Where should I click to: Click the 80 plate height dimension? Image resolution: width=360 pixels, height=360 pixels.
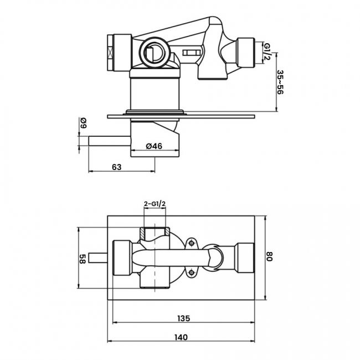tap(270, 256)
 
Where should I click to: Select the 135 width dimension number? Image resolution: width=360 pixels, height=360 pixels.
tap(184, 318)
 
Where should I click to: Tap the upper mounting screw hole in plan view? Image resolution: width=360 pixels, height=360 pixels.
tap(191, 243)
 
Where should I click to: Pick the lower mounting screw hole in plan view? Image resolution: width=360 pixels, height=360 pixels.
tap(191, 272)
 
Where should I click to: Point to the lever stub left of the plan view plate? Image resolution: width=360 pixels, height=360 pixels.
tap(97, 258)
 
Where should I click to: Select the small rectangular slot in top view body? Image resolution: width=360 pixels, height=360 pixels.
tap(191, 53)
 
